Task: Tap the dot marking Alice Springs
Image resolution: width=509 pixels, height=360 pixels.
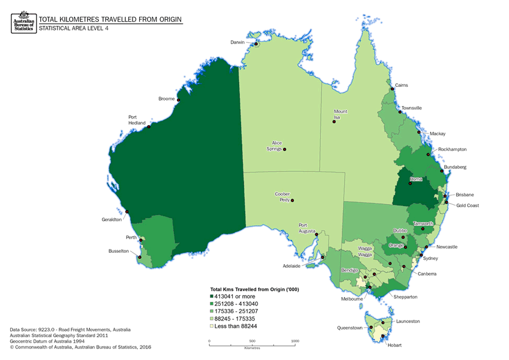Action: pos(285,149)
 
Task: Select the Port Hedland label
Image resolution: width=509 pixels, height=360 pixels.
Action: pos(136,119)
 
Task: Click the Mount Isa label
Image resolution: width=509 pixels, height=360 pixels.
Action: pos(341,114)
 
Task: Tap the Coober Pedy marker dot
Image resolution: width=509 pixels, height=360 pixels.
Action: pos(293,201)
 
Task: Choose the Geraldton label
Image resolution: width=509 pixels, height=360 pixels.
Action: pos(112,219)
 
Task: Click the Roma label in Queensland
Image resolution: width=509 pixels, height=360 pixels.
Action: pos(415,179)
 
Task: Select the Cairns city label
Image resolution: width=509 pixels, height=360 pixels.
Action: pos(402,85)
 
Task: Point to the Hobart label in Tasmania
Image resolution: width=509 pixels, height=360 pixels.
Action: pos(393,346)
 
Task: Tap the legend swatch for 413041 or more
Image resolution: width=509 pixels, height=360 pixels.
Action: pos(211,297)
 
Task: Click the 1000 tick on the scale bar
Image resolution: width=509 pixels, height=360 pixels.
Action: pos(295,341)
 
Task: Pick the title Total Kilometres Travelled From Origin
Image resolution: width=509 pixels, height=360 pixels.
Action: pos(110,19)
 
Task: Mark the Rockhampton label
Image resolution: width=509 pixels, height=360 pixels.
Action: pos(453,149)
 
